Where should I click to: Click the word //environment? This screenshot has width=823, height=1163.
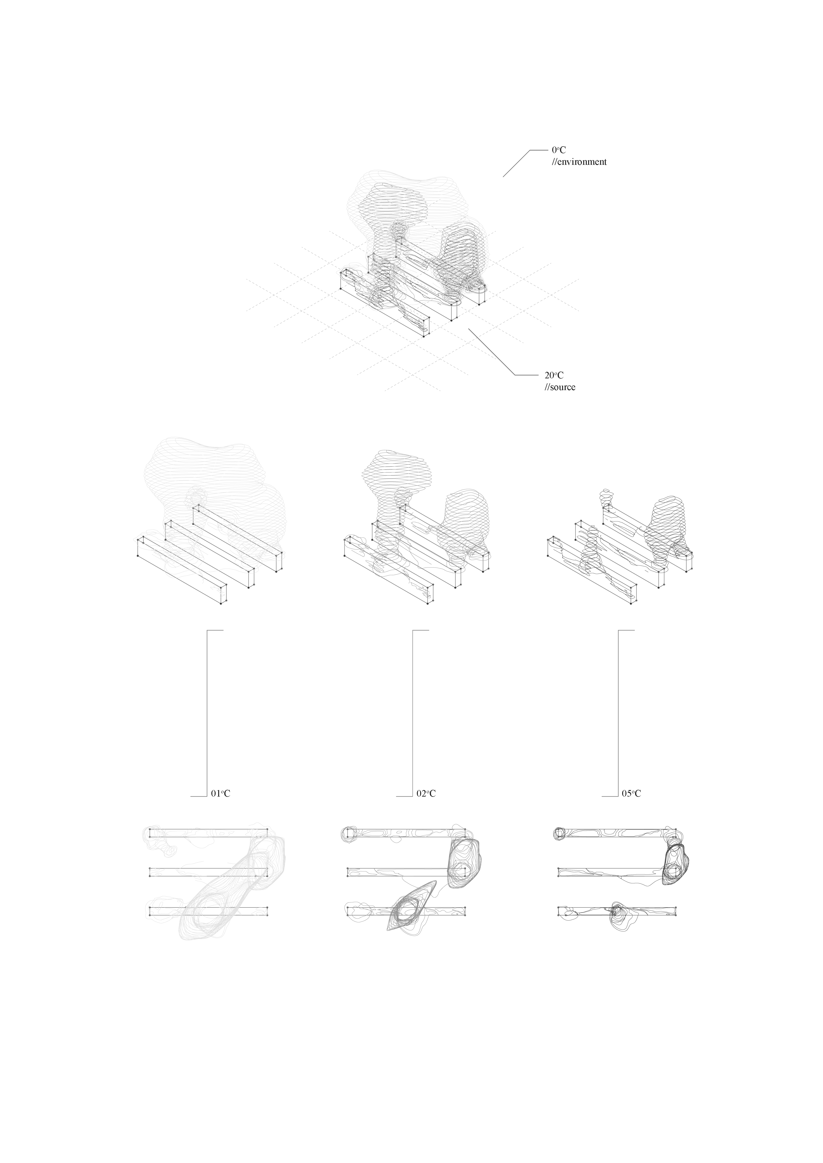point(579,162)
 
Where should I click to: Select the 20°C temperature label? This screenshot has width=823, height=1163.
point(554,375)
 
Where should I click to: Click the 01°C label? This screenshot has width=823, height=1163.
point(221,794)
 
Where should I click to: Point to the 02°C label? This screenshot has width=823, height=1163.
point(426,794)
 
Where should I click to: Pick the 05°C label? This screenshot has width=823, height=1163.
point(631,794)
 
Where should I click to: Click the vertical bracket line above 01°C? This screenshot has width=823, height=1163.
point(208,713)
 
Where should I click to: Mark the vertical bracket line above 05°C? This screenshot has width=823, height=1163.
point(619,713)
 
